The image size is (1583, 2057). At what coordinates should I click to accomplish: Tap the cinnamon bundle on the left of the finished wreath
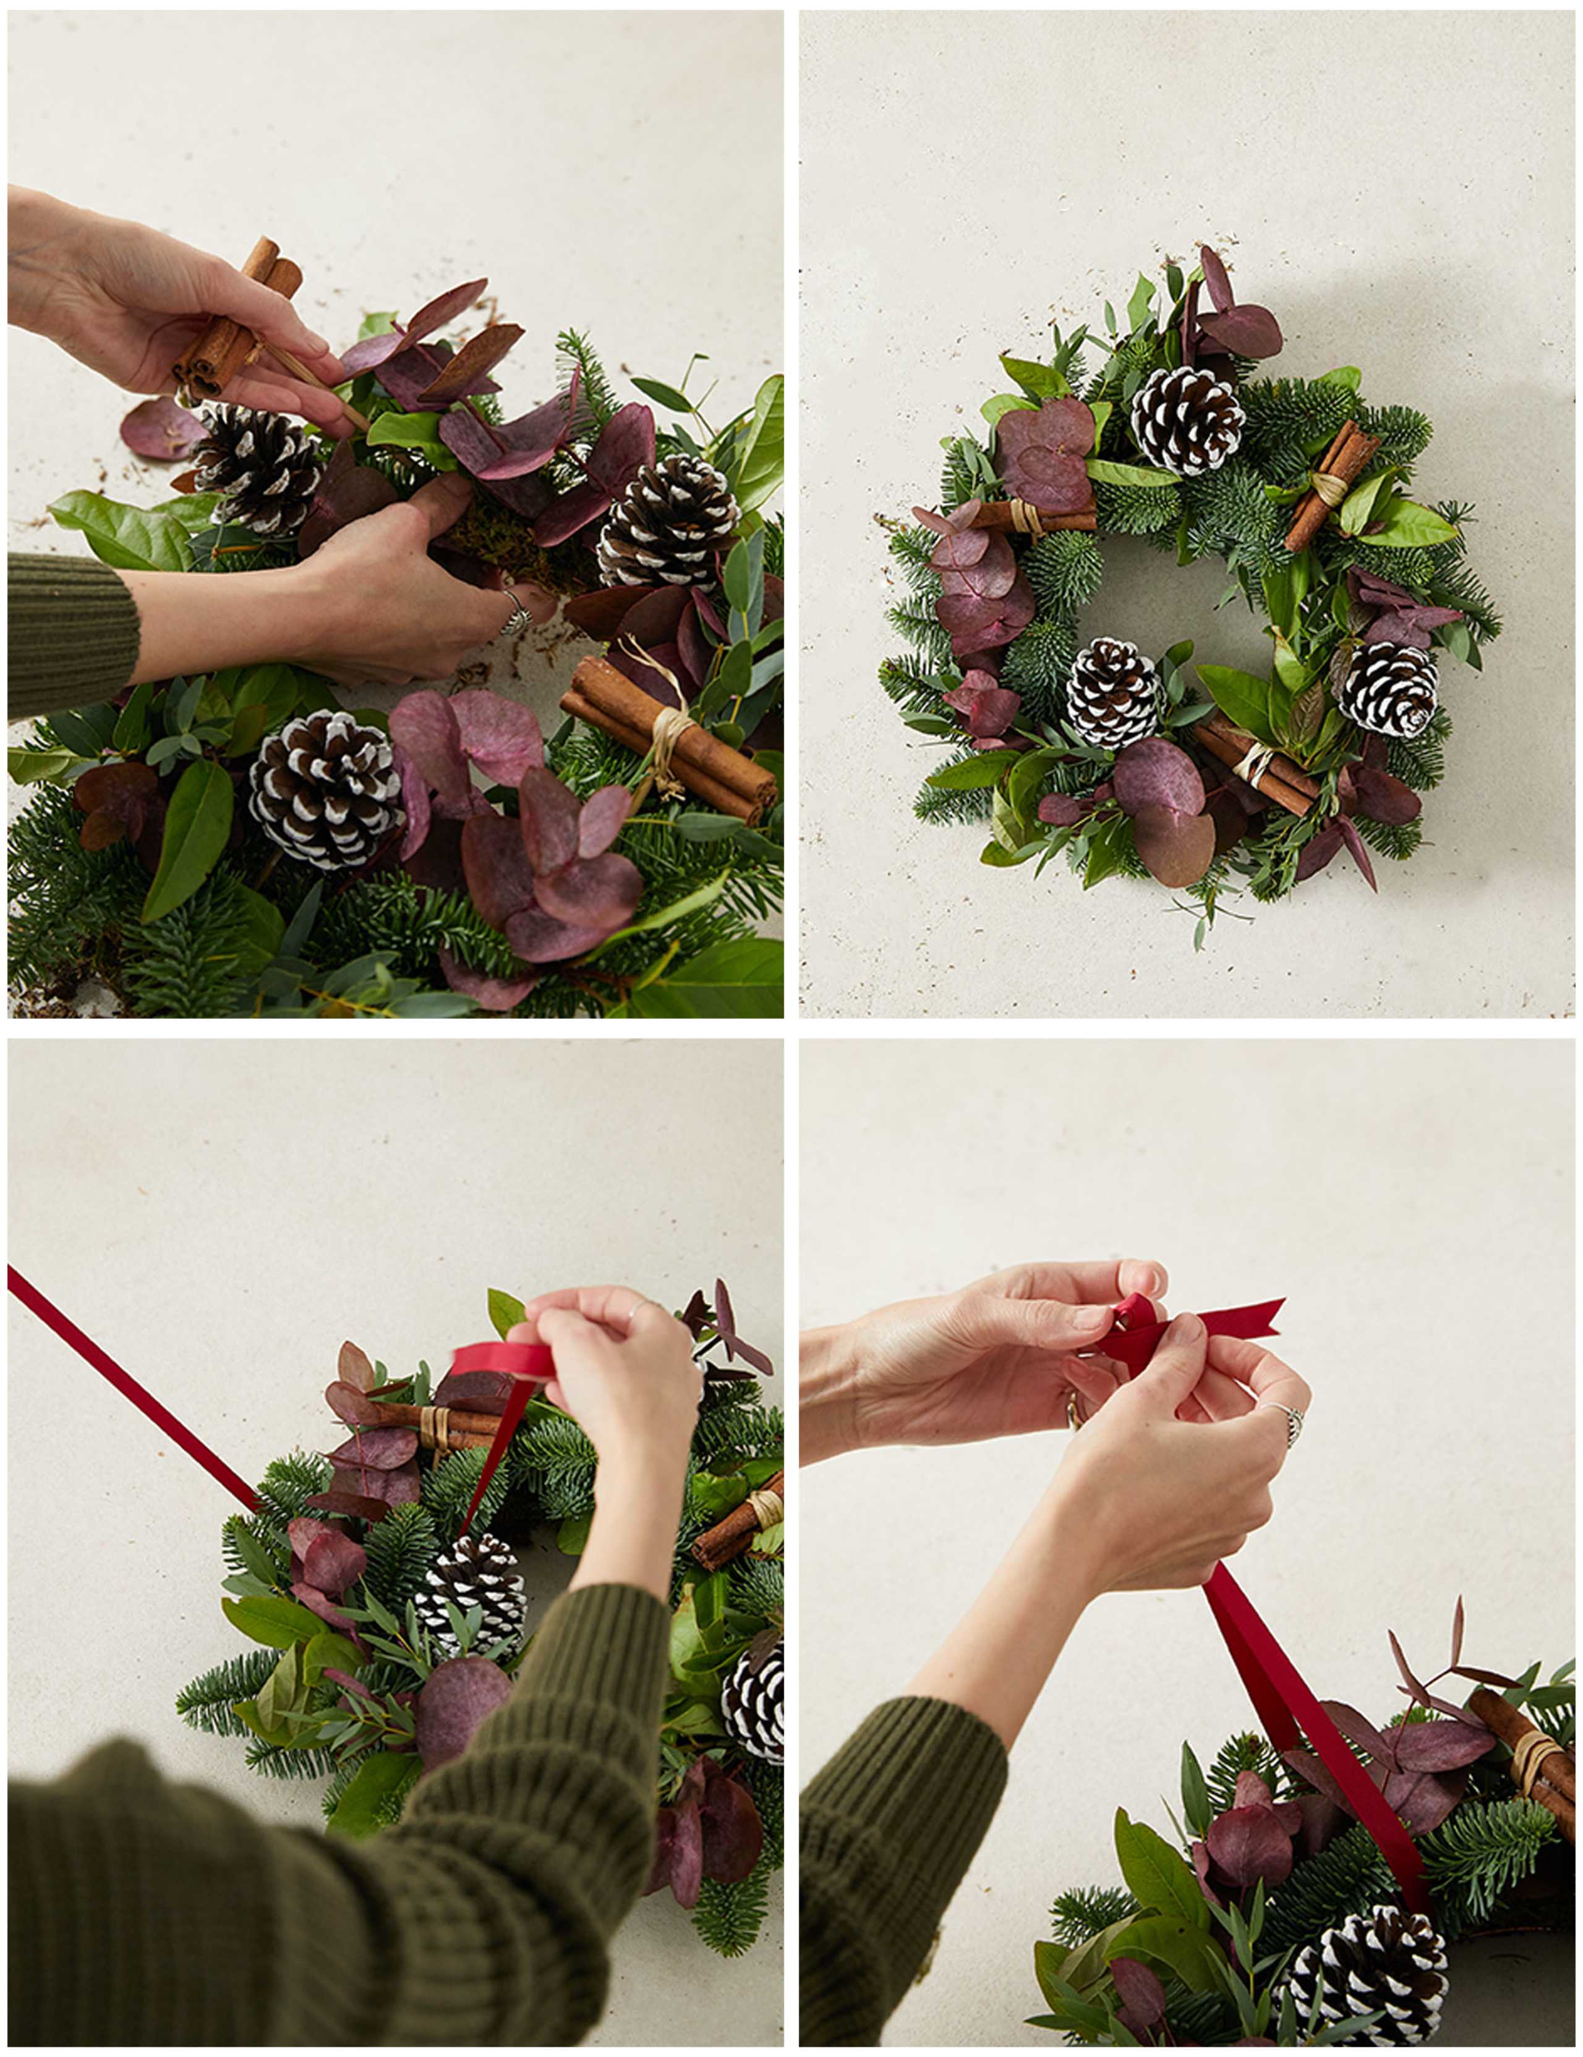point(1036,515)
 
